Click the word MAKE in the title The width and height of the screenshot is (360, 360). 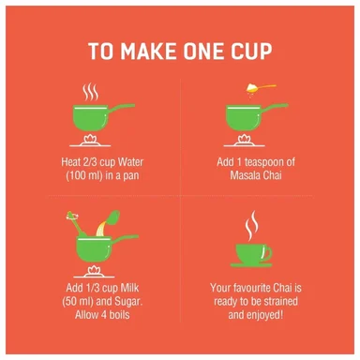[149, 52]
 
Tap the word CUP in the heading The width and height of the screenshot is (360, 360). [251, 52]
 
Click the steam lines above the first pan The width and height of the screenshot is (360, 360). [91, 92]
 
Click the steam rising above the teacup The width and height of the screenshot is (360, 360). [252, 226]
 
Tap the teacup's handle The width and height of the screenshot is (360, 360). [267, 253]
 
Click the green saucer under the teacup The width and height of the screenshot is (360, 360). [251, 265]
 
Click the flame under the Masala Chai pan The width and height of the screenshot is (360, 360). [244, 139]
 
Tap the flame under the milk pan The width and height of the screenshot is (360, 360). [94, 270]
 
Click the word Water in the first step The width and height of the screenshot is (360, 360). [130, 162]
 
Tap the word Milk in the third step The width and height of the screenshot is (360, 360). [129, 288]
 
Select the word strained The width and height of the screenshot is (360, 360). [280, 302]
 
